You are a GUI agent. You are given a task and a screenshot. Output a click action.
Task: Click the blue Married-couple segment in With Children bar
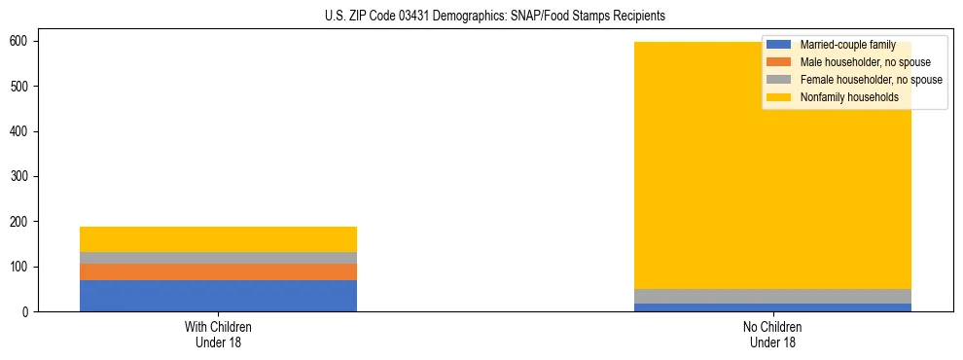click(218, 296)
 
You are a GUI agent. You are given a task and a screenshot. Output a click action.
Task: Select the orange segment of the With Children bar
click(218, 271)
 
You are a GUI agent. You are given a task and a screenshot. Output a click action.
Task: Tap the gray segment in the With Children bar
click(218, 258)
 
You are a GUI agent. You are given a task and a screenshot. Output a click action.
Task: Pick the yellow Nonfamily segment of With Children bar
click(218, 239)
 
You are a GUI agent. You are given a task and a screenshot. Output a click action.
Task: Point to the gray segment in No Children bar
click(772, 297)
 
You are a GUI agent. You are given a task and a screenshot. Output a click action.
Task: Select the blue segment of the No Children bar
click(772, 307)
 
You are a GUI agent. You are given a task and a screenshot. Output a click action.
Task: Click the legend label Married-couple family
click(847, 45)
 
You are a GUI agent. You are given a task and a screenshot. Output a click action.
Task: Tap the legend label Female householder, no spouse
click(871, 80)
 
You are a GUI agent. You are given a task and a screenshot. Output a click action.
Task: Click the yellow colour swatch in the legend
click(779, 97)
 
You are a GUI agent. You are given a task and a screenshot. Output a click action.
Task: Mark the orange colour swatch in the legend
click(779, 62)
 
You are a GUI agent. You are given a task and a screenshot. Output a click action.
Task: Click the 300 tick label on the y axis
click(26, 176)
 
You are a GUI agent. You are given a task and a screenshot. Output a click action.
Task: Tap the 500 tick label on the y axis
click(26, 87)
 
